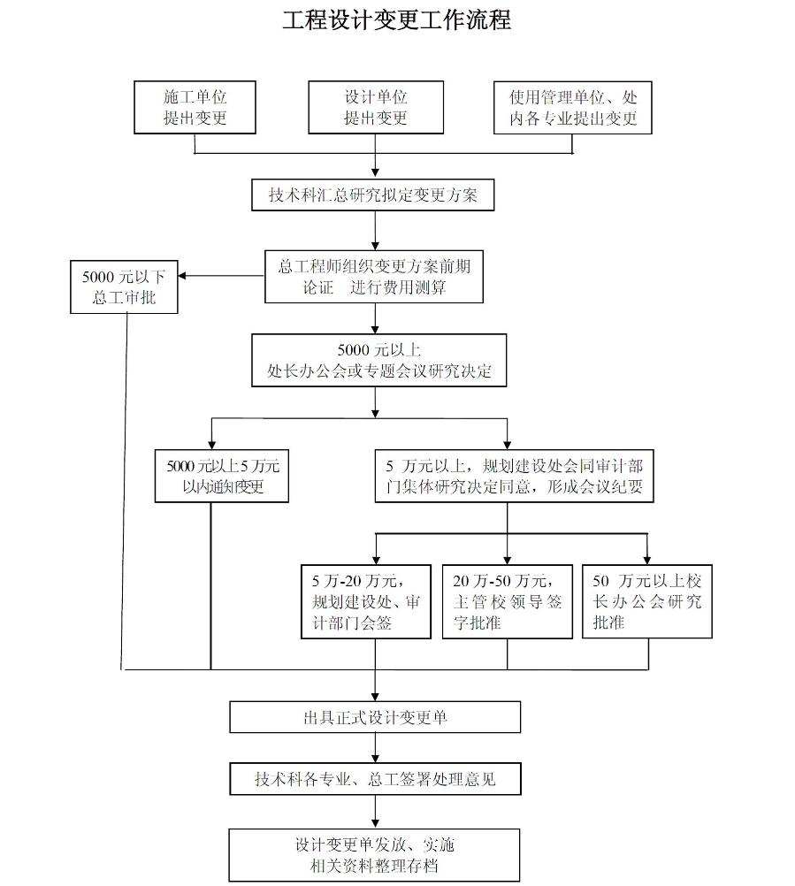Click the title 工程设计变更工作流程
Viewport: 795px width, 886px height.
396,20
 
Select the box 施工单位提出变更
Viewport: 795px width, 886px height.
195,107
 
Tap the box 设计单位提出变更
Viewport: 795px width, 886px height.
375,107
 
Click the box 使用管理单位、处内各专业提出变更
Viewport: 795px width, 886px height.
572,107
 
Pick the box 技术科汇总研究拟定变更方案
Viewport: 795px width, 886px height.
373,195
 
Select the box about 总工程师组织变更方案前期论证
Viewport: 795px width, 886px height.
374,277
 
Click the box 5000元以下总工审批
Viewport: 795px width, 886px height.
124,286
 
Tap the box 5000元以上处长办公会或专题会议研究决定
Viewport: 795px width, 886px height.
378,361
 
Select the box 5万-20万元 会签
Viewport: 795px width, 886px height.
365,601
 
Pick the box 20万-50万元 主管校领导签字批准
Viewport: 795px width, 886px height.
507,601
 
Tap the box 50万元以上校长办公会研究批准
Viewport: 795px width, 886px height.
646,601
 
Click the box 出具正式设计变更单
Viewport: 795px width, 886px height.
374,717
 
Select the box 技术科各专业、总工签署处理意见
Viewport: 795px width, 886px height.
374,779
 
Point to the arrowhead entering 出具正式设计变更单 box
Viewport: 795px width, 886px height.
375,697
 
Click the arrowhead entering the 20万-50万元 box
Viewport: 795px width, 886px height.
507,560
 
